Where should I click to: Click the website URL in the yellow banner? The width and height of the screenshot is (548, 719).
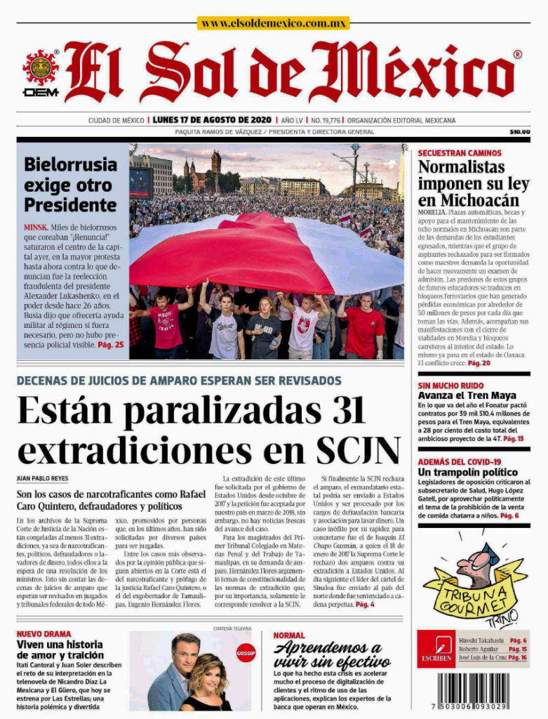coord(273,23)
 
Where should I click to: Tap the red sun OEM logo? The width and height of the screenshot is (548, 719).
coord(41,70)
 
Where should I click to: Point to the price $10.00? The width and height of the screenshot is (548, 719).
coord(519,131)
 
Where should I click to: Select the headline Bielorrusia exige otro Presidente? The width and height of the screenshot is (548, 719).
coord(70,185)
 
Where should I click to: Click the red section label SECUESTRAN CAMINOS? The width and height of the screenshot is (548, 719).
coord(460,153)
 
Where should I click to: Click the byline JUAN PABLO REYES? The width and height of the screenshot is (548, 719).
coord(43,477)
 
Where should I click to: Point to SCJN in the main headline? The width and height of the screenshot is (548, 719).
coord(359,447)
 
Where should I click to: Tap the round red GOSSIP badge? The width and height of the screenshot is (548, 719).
coord(246,652)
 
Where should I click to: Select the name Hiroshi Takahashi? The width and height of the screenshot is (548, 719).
coord(481,640)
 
